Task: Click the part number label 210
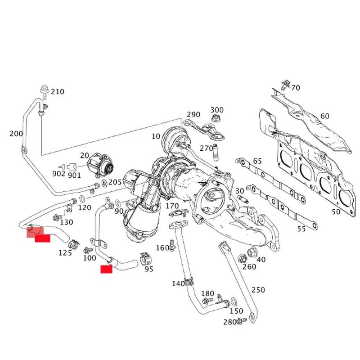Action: (x=57, y=92)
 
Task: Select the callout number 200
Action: (x=16, y=134)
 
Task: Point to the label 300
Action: (x=216, y=110)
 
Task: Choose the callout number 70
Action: (x=295, y=87)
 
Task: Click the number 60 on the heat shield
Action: (x=324, y=116)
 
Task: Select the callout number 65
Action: (x=257, y=161)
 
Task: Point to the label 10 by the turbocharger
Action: (x=156, y=136)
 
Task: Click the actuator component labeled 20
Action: (x=100, y=165)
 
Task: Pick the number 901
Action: (x=74, y=175)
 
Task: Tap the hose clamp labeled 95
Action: (x=145, y=258)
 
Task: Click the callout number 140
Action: (x=178, y=283)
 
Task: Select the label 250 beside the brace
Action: (x=258, y=290)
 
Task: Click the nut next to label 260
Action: (x=241, y=259)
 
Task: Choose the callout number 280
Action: (x=229, y=322)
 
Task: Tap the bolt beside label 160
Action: (x=172, y=247)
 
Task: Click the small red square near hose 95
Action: (x=106, y=270)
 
